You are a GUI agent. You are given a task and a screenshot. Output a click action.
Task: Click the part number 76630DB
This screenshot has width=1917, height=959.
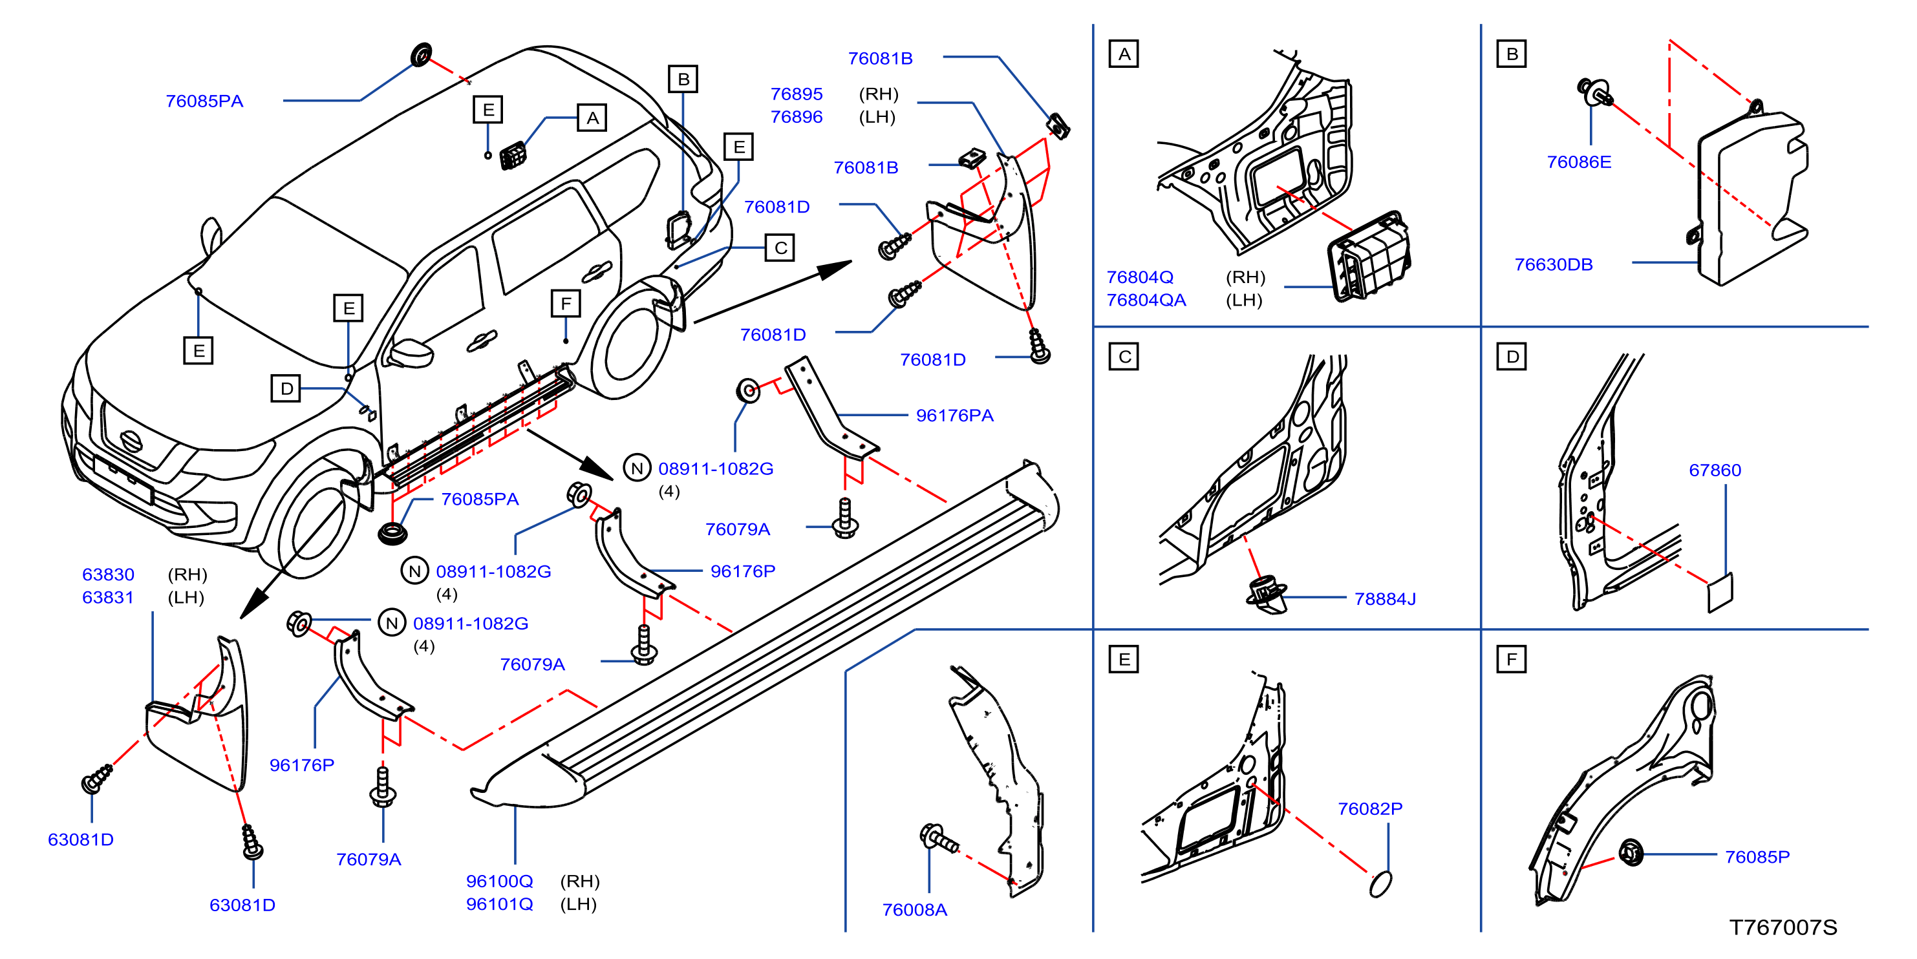click(x=1553, y=264)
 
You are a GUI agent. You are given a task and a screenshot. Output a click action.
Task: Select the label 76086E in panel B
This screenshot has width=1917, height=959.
click(x=1578, y=162)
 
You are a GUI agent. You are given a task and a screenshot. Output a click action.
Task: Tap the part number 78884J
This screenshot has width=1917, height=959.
click(x=1384, y=598)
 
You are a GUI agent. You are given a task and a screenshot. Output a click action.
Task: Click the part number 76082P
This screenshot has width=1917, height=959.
click(x=1369, y=808)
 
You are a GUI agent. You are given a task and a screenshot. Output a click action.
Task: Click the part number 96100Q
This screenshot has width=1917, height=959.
click(x=498, y=881)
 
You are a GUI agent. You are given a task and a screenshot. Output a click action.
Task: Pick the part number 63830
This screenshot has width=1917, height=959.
click(x=108, y=574)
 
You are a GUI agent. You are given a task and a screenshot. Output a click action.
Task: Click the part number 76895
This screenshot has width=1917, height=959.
click(x=797, y=94)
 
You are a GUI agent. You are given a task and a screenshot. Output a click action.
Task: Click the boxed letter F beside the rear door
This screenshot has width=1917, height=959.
click(x=566, y=304)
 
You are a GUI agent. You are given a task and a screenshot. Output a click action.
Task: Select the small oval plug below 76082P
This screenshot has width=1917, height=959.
click(x=1380, y=884)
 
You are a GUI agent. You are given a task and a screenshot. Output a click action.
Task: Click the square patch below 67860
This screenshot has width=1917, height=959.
click(x=1720, y=593)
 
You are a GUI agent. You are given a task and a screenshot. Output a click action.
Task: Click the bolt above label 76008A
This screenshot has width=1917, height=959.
click(x=939, y=838)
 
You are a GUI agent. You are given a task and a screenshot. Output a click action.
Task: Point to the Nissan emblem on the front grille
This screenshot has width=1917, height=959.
click(x=132, y=441)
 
